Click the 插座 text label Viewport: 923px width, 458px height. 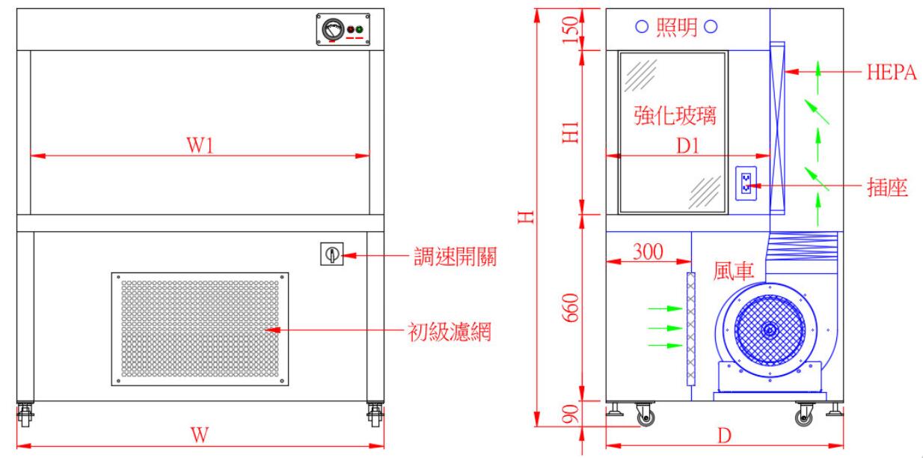(886, 186)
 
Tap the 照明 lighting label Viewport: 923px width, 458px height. (676, 28)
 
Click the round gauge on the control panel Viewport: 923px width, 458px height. (330, 30)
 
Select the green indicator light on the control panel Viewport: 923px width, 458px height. (359, 31)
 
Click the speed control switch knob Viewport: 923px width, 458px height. (331, 256)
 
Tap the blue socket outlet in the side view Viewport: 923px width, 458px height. (746, 182)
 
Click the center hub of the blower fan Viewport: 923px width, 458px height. (769, 329)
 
